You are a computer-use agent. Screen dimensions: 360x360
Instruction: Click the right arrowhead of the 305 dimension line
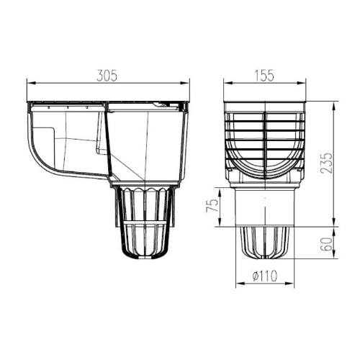click(x=189, y=84)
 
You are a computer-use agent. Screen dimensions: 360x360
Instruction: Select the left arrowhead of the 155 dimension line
click(x=225, y=84)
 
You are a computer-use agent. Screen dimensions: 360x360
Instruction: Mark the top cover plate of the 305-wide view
click(x=108, y=103)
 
